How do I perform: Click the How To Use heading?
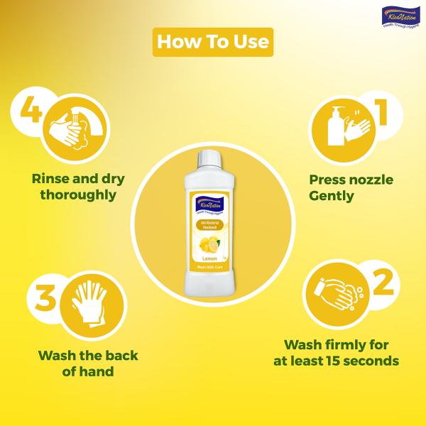click(213, 41)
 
